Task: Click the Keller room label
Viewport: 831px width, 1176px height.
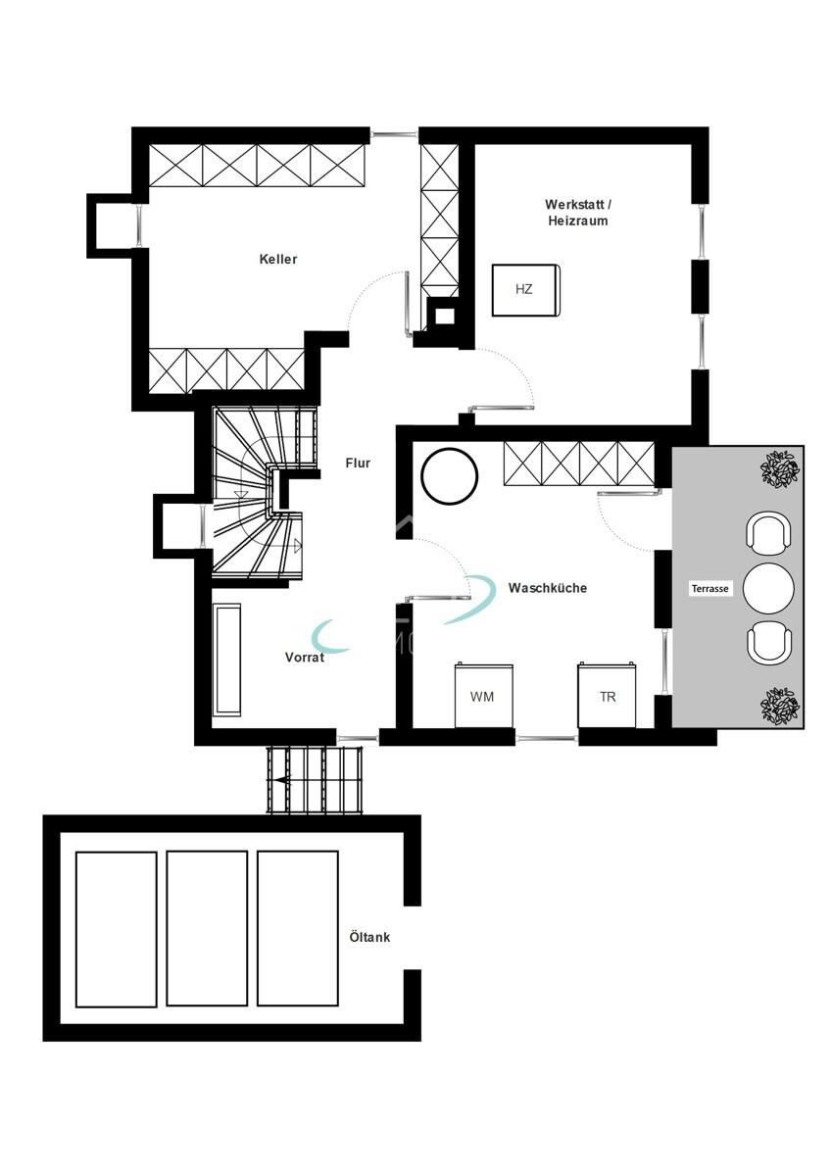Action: coord(277,259)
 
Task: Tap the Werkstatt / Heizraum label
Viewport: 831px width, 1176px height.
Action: coord(578,213)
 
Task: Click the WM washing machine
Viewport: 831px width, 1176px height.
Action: coord(483,695)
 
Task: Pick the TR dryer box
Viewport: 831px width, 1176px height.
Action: coord(607,695)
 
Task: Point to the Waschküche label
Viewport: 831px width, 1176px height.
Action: coord(547,588)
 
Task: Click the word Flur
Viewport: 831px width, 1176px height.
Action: coord(358,463)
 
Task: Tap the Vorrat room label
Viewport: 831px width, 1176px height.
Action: coord(305,657)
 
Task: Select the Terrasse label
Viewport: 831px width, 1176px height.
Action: coord(709,589)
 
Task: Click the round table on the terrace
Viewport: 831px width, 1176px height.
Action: coord(768,588)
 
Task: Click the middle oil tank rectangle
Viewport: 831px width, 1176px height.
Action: coord(207,929)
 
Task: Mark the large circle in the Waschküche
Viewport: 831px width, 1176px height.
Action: coord(450,476)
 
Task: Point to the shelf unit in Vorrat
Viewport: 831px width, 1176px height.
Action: coord(227,660)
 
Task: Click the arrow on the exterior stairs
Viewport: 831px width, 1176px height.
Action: coord(286,780)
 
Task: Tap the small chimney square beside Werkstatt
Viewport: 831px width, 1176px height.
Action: coord(445,316)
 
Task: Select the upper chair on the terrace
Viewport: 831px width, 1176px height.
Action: coord(768,532)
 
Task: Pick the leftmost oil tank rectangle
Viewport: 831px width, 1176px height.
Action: coord(116,929)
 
